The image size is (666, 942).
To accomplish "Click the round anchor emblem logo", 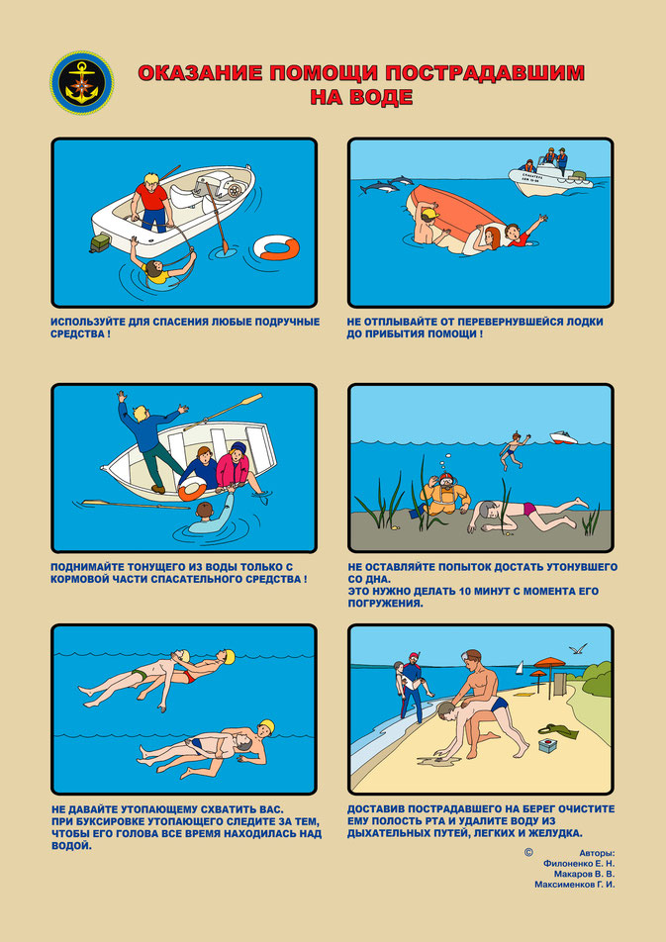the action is tap(82, 83).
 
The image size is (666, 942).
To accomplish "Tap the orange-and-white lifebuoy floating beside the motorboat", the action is tap(276, 247).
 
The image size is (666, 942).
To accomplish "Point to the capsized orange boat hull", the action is tap(457, 217).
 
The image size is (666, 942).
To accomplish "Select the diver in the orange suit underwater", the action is tap(441, 494).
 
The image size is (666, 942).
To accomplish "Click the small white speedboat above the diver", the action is tap(563, 437).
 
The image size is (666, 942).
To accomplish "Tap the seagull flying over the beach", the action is tap(578, 649).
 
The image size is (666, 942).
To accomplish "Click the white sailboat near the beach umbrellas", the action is tap(520, 668).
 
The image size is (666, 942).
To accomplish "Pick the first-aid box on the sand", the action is tap(547, 745).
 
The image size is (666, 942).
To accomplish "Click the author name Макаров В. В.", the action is tap(584, 874).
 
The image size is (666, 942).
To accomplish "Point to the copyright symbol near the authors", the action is tap(528, 852).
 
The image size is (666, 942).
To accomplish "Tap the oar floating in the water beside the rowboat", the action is tap(136, 504).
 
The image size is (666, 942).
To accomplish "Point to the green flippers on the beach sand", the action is tap(558, 731).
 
